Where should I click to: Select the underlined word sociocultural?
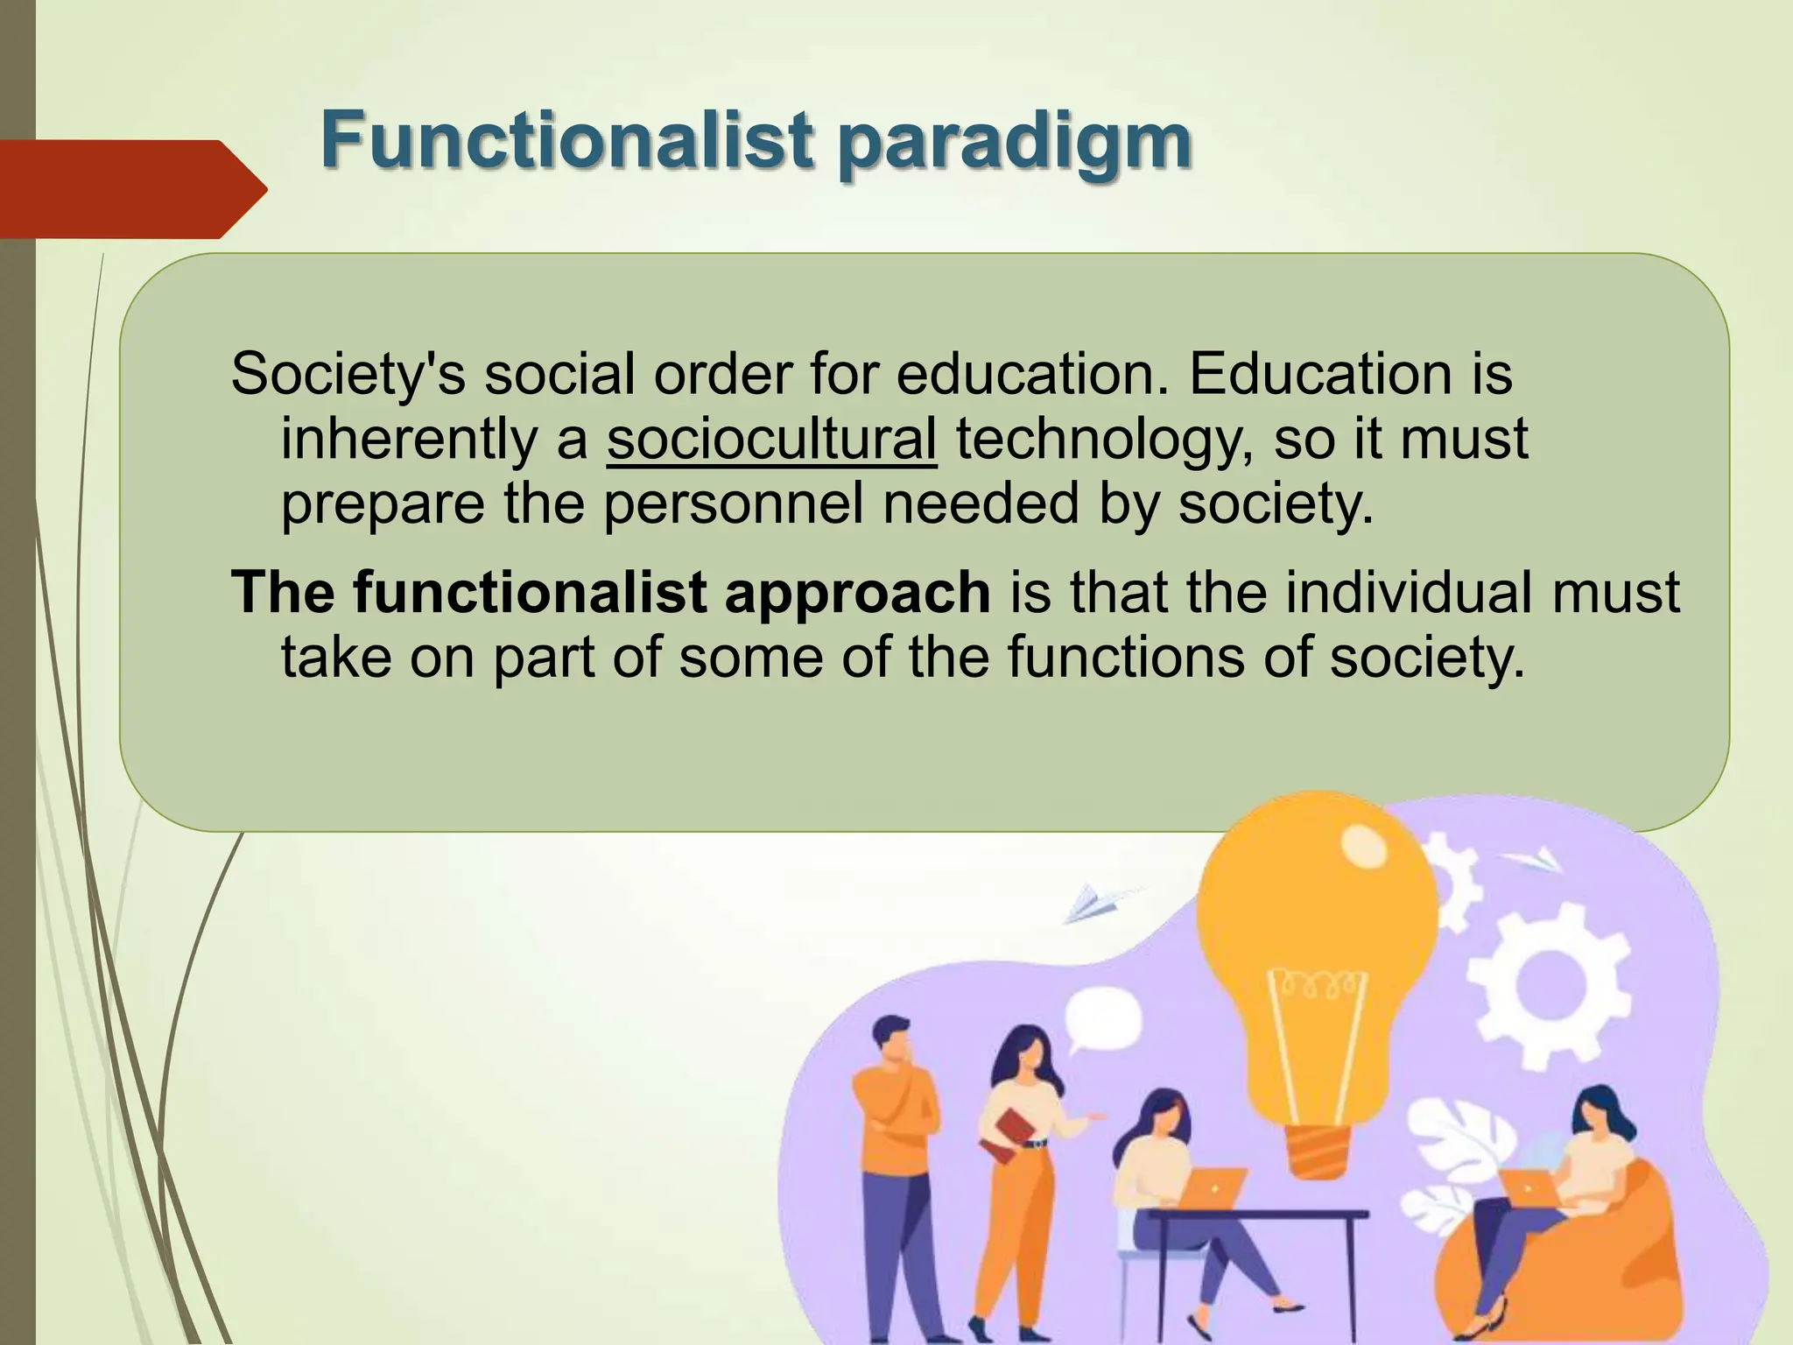771,439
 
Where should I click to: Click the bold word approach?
857,592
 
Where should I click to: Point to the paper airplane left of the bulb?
1095,903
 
